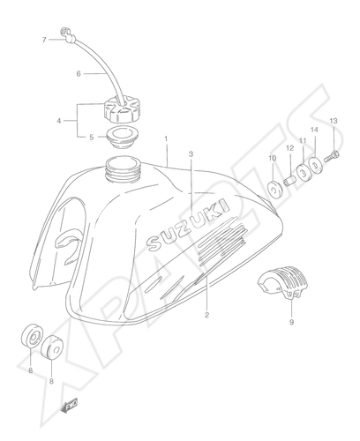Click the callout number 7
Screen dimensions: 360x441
coord(44,40)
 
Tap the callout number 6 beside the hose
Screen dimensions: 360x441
coord(79,74)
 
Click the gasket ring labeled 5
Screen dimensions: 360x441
coord(122,138)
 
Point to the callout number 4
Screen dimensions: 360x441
coord(59,121)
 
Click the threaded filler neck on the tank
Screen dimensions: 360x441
coord(124,169)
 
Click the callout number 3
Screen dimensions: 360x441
coord(191,154)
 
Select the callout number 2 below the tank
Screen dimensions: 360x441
coord(206,315)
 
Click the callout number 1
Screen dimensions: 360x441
coord(166,138)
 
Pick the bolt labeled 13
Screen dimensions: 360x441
coord(332,156)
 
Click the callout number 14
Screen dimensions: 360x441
coord(314,130)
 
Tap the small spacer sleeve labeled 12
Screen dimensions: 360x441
coord(289,181)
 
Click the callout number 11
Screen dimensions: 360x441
coord(303,141)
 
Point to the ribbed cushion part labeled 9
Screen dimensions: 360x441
coord(283,281)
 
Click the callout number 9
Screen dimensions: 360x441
coord(291,322)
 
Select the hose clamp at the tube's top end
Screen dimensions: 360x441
coord(68,35)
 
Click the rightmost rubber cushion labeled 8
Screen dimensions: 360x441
coord(52,348)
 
